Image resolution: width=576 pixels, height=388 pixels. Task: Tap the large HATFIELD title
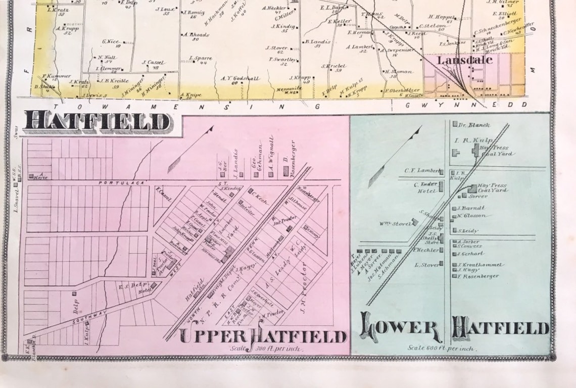[x=97, y=122]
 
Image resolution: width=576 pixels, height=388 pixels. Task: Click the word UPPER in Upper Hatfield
[x=212, y=336]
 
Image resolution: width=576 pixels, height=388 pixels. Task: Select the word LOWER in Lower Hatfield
[x=400, y=327]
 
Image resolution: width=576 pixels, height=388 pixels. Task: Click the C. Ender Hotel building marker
[x=441, y=186]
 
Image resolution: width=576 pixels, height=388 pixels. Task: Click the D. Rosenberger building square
[x=285, y=174]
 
